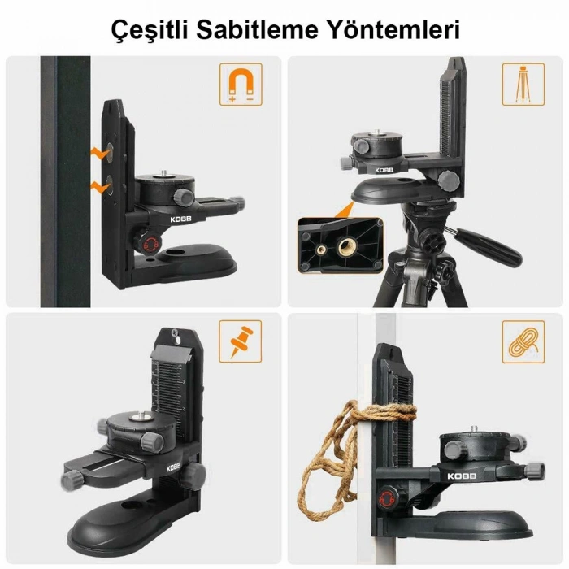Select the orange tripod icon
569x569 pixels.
(523, 84)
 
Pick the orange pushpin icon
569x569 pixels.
(241, 341)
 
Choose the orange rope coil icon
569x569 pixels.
(523, 341)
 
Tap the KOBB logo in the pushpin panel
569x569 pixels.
(175, 467)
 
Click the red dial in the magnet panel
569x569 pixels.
(148, 244)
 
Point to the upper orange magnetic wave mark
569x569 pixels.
(102, 151)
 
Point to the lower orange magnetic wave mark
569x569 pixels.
(102, 186)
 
